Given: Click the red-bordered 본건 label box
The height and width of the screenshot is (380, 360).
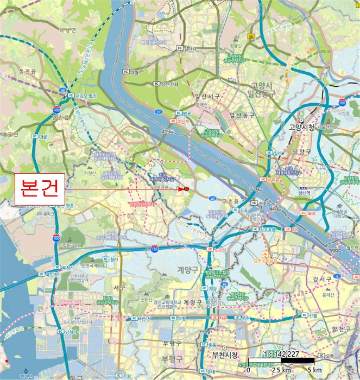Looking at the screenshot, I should click(39, 189).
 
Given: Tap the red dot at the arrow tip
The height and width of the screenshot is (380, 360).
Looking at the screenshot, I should click(186, 189).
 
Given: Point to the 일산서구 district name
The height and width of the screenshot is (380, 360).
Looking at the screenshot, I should click(207, 97).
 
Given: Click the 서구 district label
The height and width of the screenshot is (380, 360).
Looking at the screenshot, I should click(119, 287).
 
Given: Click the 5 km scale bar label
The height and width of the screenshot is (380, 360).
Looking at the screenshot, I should click(315, 370).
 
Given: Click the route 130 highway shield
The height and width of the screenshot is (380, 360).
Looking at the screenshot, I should click(154, 249).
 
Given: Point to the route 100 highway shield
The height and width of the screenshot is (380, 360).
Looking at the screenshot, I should click(342, 102).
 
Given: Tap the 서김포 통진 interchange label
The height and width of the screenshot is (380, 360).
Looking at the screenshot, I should click(85, 96).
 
